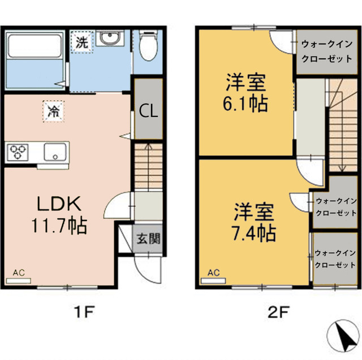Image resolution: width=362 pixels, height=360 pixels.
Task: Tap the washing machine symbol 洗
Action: (x=82, y=41)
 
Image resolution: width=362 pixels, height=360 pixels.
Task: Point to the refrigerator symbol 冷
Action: (x=53, y=111)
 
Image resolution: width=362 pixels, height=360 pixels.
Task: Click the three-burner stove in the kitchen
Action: (x=18, y=151)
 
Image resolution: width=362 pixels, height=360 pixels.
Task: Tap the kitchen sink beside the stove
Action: (x=55, y=151)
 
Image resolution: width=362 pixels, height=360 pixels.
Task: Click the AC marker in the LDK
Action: (x=18, y=274)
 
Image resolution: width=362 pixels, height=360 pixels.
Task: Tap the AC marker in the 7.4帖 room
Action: (x=213, y=274)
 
